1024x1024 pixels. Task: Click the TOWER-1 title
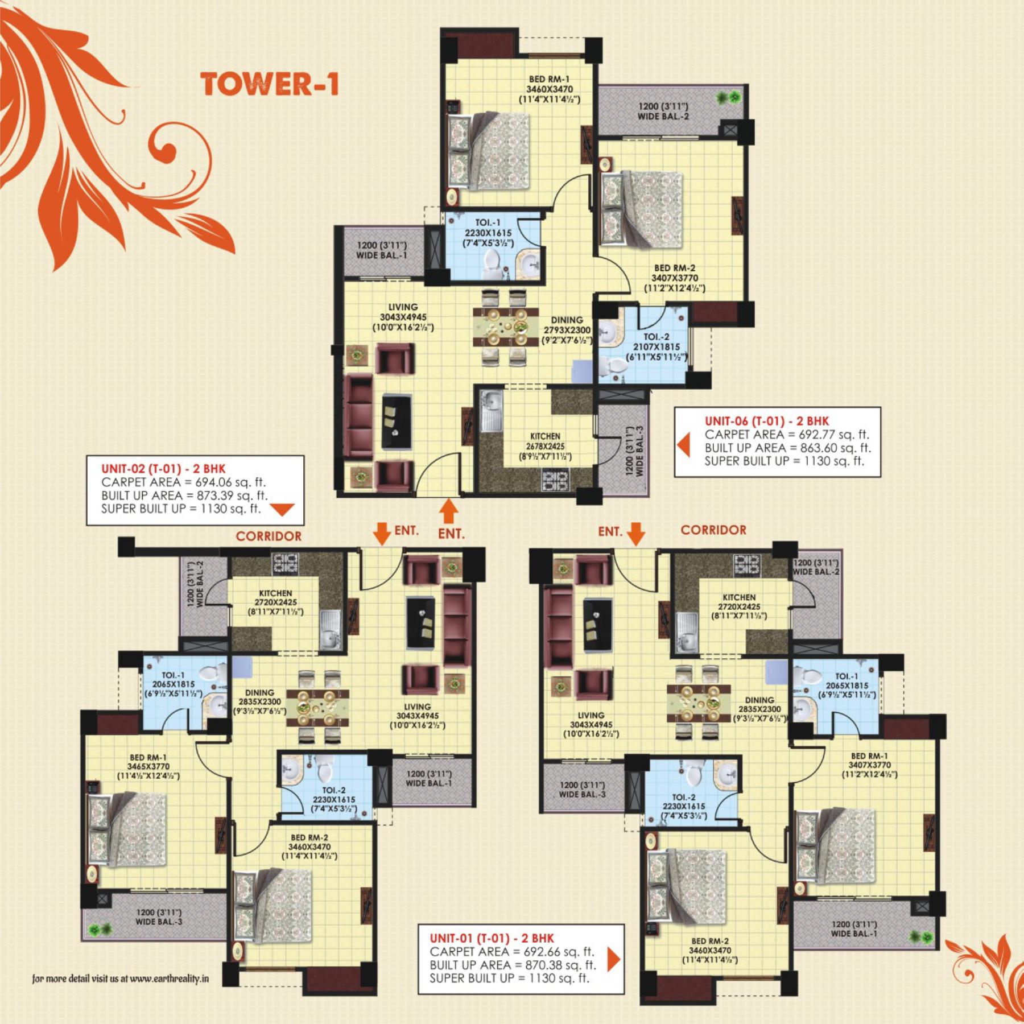[x=270, y=84]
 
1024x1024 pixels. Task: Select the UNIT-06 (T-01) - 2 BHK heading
[x=766, y=421]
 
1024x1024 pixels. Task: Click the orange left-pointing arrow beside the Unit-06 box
[x=683, y=445]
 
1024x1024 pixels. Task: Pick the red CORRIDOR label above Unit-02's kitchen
[x=269, y=536]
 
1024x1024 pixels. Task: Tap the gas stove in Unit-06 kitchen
[x=554, y=481]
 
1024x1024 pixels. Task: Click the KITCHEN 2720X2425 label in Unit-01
[x=739, y=606]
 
